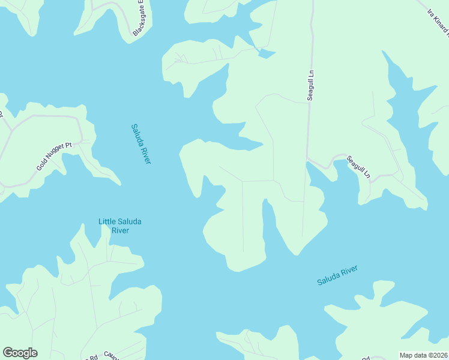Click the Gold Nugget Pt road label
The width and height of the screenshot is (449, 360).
54,155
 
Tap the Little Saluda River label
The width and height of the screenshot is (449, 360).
120,226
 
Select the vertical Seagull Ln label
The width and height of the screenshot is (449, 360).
310,85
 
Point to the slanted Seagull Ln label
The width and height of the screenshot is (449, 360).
359,170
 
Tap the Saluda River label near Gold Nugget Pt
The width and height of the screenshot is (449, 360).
141,144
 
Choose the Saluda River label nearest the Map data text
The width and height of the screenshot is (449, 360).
337,275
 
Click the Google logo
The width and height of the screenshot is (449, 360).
20,353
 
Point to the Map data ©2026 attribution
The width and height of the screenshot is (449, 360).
423,355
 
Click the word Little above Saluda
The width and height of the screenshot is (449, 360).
109,221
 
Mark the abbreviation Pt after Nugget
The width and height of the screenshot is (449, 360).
68,146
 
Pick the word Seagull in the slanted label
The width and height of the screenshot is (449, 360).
356,168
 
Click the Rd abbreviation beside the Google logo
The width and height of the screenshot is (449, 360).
94,358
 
